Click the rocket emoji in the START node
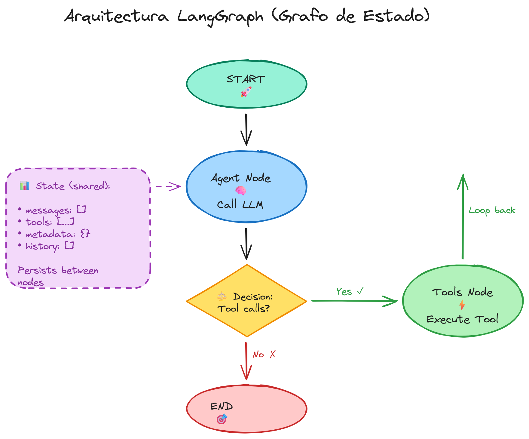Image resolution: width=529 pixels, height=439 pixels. pos(246,92)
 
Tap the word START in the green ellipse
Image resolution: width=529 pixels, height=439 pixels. pos(246,79)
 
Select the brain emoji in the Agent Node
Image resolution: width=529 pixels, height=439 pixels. pos(240,191)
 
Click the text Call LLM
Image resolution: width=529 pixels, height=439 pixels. pos(240,205)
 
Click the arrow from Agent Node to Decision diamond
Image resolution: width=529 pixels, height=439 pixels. pos(246,244)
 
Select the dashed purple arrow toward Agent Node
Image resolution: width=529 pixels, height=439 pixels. pos(168,186)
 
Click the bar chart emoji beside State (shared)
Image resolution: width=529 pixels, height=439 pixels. pos(24,186)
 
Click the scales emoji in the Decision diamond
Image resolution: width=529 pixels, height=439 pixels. pos(222,296)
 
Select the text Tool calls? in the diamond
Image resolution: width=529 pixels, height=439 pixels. pos(243,309)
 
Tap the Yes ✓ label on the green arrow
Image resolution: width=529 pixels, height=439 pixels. pos(350,291)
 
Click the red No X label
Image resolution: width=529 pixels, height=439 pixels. pos(264,355)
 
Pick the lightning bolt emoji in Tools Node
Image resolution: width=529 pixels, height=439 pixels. pos(462,305)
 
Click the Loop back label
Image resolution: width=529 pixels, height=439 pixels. pos(492,210)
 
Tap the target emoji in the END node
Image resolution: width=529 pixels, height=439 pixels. pos(222,419)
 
